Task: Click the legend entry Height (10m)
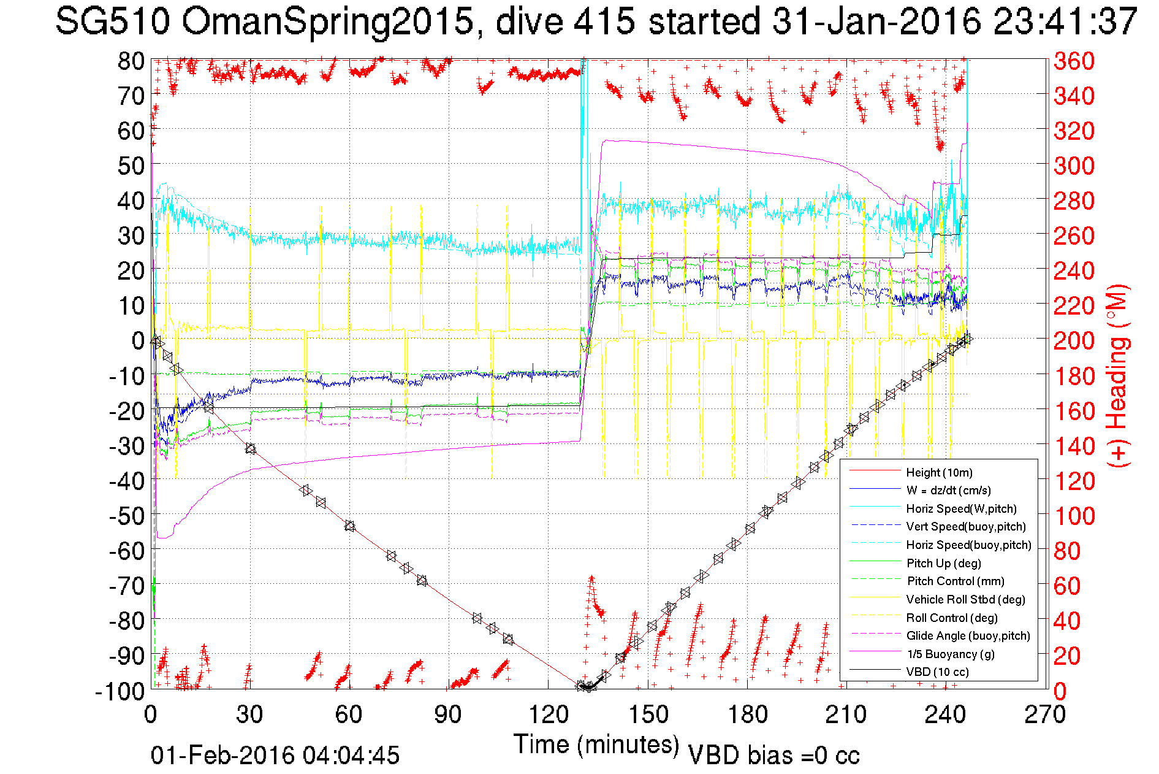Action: (939, 472)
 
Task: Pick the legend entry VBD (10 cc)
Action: (937, 672)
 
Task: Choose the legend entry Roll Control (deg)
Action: (952, 618)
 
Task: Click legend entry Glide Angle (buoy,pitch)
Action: (968, 635)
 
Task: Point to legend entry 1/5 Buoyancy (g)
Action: (951, 654)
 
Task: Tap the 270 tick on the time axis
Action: (1045, 714)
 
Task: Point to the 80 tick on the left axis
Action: (131, 61)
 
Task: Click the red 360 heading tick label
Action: (1074, 61)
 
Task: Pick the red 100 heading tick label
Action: (1074, 516)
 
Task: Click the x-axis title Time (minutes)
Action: (596, 745)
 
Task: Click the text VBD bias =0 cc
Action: (773, 755)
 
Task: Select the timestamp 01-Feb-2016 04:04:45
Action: (275, 755)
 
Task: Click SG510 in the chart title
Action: (113, 21)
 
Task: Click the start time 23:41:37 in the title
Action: (1065, 21)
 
